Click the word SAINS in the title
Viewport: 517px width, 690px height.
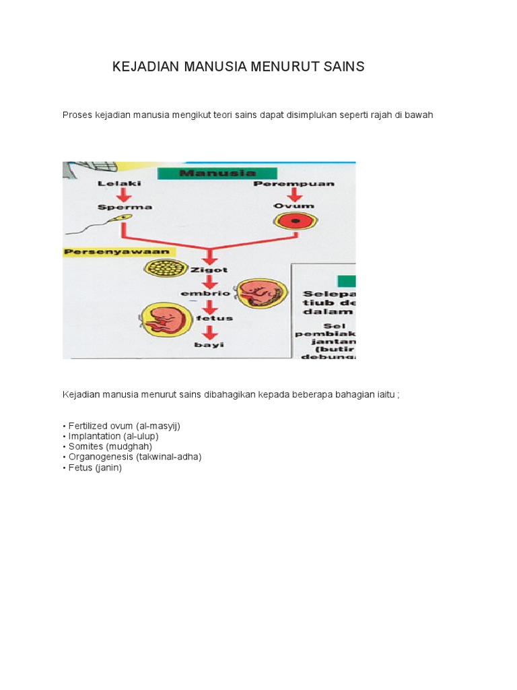coord(341,67)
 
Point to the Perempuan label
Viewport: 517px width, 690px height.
coord(294,184)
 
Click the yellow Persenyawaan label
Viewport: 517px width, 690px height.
coord(118,251)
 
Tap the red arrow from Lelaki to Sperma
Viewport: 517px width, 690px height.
coord(122,195)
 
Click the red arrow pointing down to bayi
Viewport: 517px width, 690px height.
coord(210,332)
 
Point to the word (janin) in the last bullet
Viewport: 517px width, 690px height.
coord(108,466)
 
